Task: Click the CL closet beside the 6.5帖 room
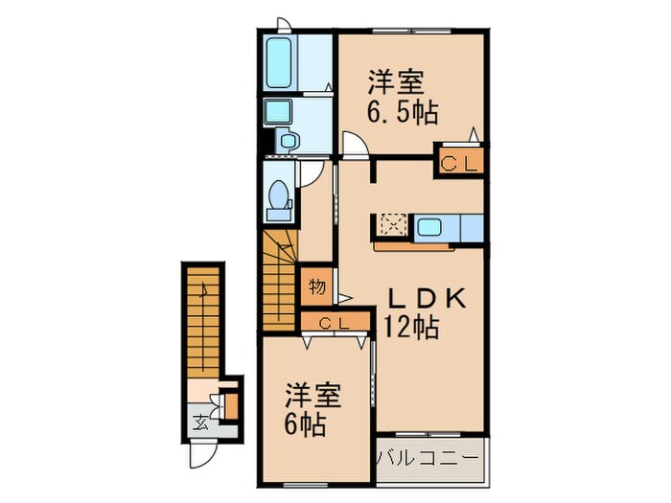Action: point(458,163)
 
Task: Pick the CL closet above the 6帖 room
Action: point(335,322)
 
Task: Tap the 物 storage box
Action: point(317,286)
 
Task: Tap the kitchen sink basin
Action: point(428,227)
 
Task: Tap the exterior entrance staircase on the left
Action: point(200,321)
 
